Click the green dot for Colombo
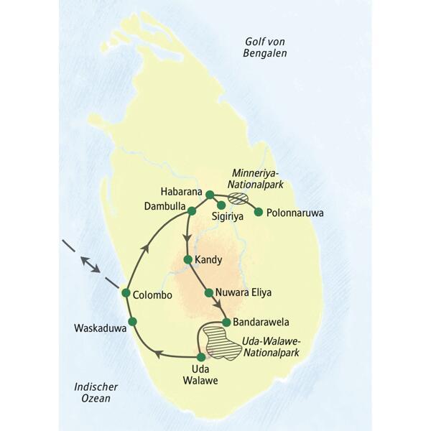[126, 293]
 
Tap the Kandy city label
[210, 259]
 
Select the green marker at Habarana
[209, 195]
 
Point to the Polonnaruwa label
[295, 213]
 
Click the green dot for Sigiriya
[221, 205]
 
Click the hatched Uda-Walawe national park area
[220, 340]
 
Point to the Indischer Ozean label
[96, 392]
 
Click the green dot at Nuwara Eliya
[209, 292]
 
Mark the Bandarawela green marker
[226, 322]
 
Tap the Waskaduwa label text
[101, 328]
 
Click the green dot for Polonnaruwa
[259, 212]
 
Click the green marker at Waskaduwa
[132, 320]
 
